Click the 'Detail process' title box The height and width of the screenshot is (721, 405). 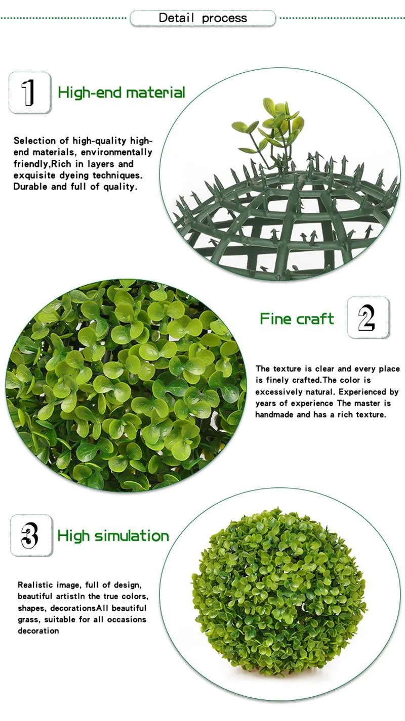[x=203, y=18]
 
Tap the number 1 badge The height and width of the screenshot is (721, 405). [x=29, y=93]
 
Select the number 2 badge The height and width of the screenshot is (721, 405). [x=368, y=318]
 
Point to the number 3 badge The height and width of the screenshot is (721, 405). [x=31, y=535]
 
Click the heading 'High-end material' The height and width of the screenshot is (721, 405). [x=121, y=93]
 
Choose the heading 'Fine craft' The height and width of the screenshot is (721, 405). [x=297, y=319]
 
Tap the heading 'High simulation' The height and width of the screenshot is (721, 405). [x=113, y=536]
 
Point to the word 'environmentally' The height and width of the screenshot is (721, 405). [x=120, y=152]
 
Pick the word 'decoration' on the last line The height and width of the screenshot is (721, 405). [x=38, y=630]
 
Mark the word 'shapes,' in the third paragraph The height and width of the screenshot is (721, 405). [x=31, y=608]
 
